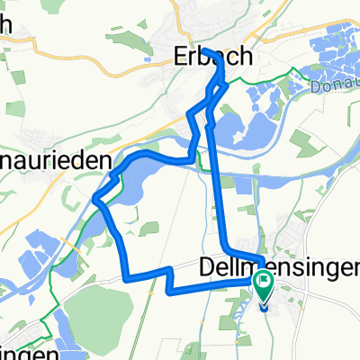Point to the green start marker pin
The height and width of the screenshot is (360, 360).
(x=264, y=291)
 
